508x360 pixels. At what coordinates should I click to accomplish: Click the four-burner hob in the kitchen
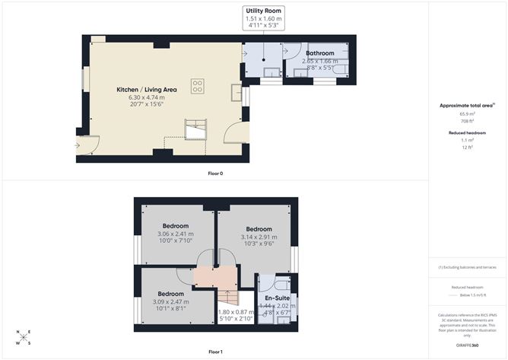tap(198, 86)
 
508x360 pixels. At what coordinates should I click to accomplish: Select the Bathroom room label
tap(319, 53)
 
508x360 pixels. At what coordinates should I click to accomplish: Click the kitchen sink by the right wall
tap(235, 94)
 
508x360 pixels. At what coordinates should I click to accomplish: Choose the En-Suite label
tap(276, 298)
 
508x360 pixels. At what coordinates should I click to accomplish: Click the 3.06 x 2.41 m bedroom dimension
tap(176, 234)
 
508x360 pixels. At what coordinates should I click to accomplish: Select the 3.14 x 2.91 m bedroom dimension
tap(259, 237)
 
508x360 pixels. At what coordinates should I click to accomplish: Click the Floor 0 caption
tap(215, 174)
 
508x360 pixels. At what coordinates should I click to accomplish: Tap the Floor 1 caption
tap(215, 352)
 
